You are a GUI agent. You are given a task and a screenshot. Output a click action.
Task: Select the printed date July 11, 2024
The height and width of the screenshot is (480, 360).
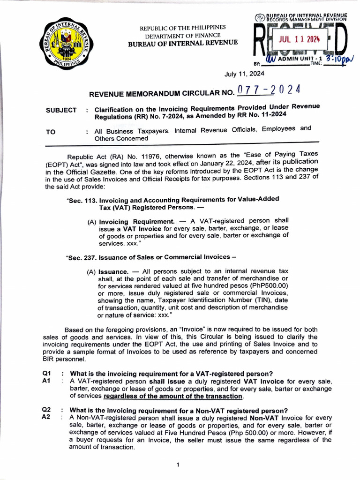pyautogui.click(x=244, y=74)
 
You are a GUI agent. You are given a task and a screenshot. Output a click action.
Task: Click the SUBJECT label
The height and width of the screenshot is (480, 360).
pyautogui.click(x=61, y=110)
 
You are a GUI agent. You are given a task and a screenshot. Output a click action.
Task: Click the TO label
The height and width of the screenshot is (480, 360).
pyautogui.click(x=51, y=132)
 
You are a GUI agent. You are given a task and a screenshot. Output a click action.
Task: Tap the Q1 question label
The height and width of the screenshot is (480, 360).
pyautogui.click(x=46, y=374)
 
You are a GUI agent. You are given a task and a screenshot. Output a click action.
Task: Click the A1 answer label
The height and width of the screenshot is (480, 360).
pyautogui.click(x=46, y=381)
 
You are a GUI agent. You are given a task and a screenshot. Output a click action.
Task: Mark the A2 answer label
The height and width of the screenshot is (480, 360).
pyautogui.click(x=46, y=417)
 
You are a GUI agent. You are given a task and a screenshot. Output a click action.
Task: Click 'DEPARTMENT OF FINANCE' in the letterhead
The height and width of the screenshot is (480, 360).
pyautogui.click(x=183, y=36)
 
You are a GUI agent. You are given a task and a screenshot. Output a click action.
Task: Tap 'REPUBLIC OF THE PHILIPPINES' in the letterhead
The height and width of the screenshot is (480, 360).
pyautogui.click(x=183, y=28)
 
